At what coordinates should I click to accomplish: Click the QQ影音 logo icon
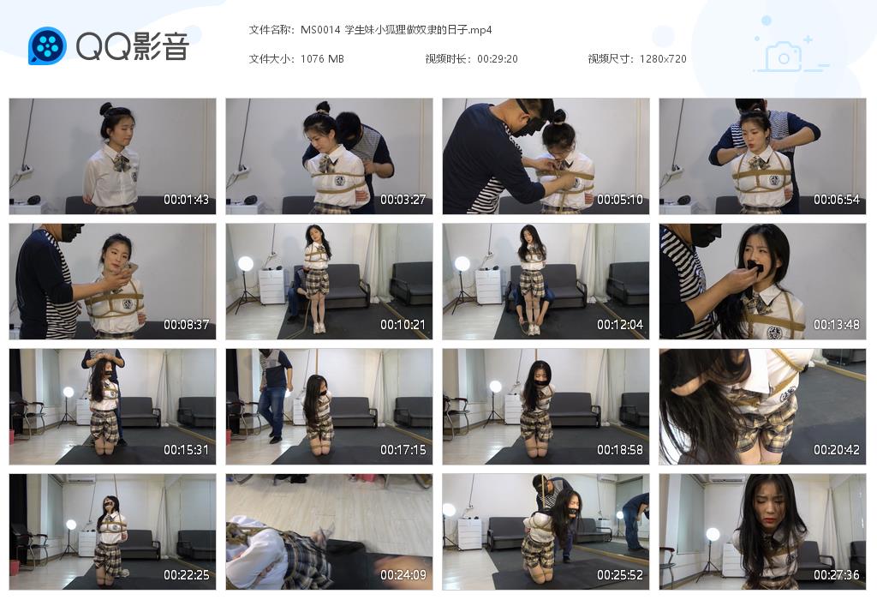(47, 45)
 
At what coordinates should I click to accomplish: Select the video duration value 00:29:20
(498, 59)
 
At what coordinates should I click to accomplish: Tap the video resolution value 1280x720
(662, 59)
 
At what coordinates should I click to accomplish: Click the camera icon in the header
(782, 57)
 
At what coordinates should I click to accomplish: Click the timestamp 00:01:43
(186, 200)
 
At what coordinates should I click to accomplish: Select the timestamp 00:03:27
(403, 200)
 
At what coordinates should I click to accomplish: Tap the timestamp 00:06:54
(836, 200)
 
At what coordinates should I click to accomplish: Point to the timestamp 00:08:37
(186, 326)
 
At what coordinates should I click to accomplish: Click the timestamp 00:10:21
(403, 326)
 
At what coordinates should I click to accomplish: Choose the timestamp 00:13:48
(836, 326)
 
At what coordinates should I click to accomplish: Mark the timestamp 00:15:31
(186, 450)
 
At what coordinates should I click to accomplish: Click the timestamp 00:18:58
(619, 450)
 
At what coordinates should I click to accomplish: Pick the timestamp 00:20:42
(836, 450)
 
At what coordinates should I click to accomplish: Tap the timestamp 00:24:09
(403, 575)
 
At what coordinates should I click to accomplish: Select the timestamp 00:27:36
(836, 575)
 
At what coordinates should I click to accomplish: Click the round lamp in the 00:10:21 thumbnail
(246, 263)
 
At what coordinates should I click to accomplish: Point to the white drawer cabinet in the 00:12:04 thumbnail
(488, 286)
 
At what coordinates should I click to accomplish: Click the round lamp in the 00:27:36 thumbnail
(712, 534)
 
